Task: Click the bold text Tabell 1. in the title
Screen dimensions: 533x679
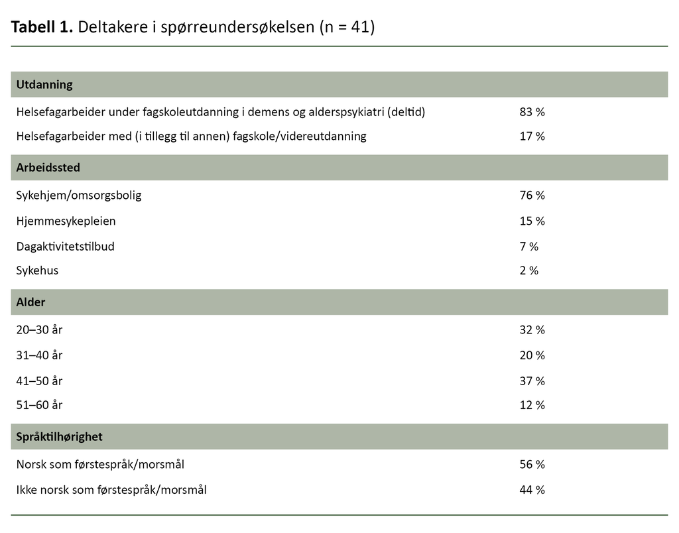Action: [42, 28]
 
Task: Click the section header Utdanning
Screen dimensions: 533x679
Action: [44, 85]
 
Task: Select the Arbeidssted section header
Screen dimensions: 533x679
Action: [48, 168]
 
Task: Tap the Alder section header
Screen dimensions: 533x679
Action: [31, 302]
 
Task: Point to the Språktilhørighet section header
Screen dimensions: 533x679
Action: [60, 437]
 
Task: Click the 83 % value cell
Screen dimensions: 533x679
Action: [532, 112]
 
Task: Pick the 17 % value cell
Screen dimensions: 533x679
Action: [532, 137]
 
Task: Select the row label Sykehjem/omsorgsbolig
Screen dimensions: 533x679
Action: [79, 196]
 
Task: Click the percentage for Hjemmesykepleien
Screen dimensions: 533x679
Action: [532, 221]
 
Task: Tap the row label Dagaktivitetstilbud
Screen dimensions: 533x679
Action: [66, 247]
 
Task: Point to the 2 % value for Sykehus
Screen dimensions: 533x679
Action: [528, 270]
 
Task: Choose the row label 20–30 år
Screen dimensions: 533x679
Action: [39, 330]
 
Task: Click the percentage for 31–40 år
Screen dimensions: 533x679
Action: [532, 355]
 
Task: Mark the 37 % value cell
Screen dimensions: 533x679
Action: [532, 381]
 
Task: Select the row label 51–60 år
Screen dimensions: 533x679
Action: [39, 405]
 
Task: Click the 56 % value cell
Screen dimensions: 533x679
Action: [532, 465]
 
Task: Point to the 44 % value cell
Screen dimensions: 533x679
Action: [532, 490]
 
